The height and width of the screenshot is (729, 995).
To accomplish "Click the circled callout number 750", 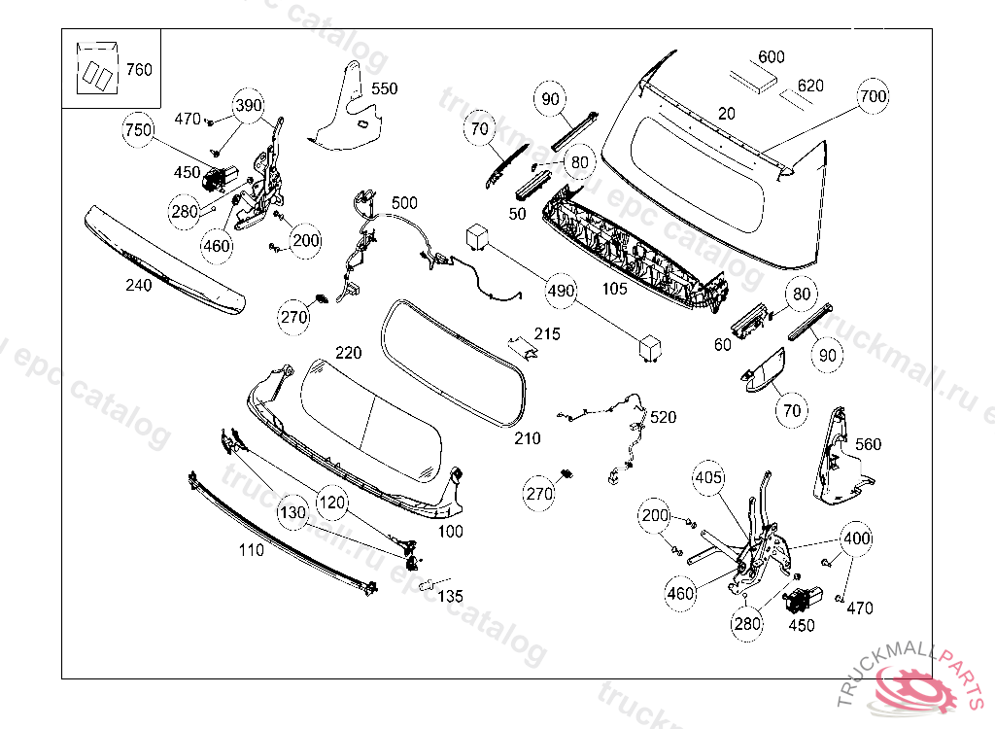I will point(139,130).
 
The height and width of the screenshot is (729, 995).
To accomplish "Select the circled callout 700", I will point(874,96).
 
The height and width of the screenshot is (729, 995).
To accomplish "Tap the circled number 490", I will point(561,291).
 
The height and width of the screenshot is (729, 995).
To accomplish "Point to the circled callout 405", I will point(708,478).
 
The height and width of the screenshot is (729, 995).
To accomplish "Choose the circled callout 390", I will point(249,106).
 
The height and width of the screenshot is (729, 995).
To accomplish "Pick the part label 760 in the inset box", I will point(139,70).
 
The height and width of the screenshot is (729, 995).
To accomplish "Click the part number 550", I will point(384,88).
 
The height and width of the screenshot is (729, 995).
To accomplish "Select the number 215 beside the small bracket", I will point(547,334).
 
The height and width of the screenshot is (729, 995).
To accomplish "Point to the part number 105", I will point(613,289).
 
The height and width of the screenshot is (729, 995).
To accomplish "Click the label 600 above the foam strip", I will point(771,57).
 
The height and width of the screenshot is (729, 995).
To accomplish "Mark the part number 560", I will point(868,444).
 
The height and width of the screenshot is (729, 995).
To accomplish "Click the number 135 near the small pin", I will point(449,596).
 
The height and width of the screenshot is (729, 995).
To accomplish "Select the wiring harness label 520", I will point(663,417).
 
